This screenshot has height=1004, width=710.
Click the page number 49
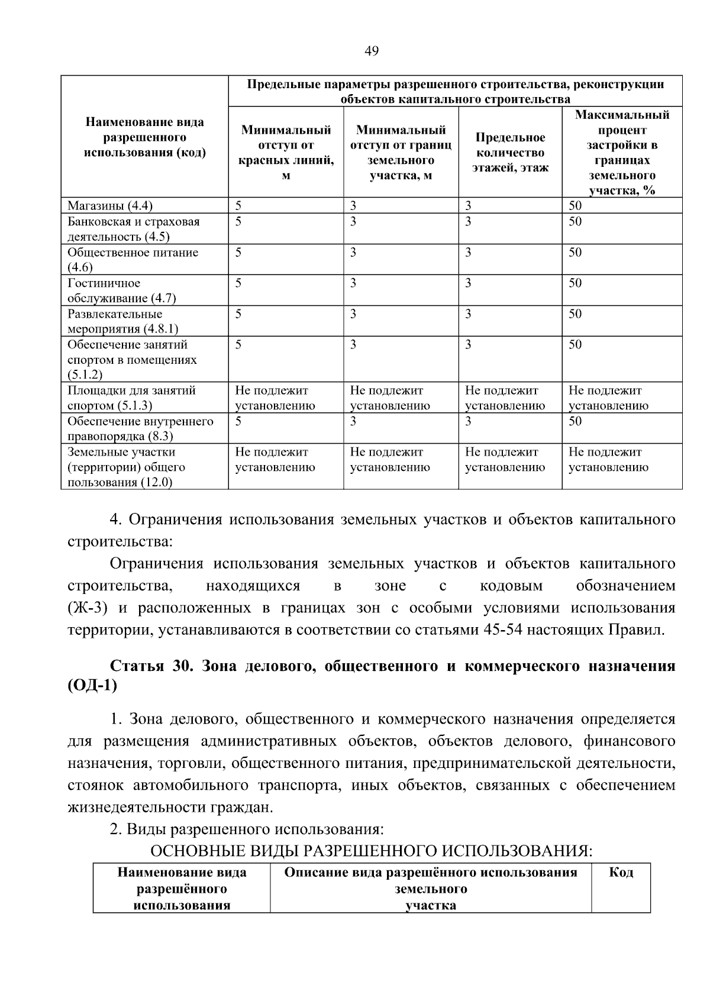371,51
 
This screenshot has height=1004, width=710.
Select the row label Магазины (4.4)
110,206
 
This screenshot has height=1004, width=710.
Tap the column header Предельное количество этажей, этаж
510,153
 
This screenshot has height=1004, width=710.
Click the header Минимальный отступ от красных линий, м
286,153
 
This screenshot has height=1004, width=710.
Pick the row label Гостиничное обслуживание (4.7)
121,290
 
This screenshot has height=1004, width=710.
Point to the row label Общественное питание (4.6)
133,259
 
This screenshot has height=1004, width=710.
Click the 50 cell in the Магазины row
575,206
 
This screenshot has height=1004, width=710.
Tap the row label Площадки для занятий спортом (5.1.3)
131,398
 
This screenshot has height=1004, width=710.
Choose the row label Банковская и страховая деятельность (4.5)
133,229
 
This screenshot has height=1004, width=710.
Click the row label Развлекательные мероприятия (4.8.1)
122,321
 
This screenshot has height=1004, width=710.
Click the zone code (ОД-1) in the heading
92,686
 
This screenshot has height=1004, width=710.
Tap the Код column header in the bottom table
621,873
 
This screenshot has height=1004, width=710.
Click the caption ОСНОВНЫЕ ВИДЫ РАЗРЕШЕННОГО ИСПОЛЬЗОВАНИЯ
370,851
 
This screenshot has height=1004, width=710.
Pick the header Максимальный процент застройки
622,153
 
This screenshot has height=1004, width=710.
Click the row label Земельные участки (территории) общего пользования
126,467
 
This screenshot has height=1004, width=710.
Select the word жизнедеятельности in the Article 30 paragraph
136,808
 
